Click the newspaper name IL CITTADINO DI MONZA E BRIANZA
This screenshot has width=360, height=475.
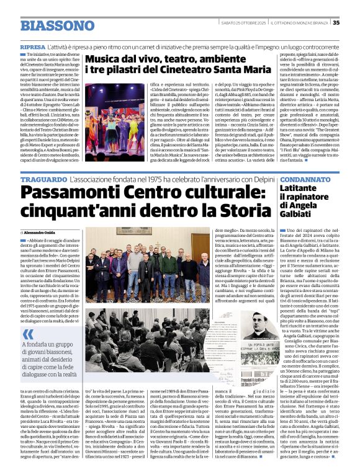[x=297, y=22]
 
